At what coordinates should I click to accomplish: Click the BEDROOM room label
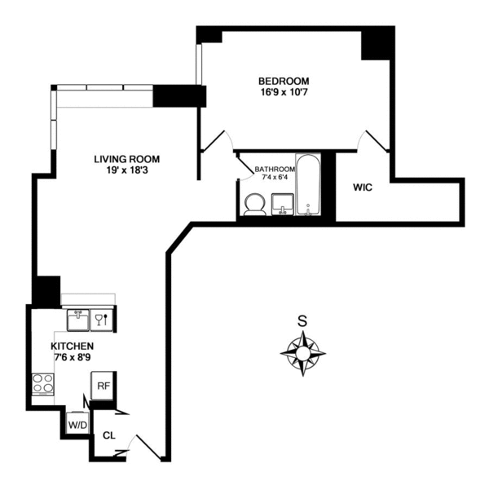[283, 81]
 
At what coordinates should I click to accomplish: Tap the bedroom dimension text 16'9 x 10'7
[283, 93]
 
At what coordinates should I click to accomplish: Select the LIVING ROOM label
[126, 159]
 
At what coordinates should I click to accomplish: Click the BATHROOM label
[275, 170]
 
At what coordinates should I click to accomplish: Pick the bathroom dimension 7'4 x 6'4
[275, 179]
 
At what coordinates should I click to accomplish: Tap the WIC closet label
[363, 188]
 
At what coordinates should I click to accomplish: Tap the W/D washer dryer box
[78, 425]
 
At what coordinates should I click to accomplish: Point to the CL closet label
[109, 435]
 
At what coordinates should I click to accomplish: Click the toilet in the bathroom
[254, 204]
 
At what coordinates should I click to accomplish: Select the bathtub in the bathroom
[310, 185]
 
